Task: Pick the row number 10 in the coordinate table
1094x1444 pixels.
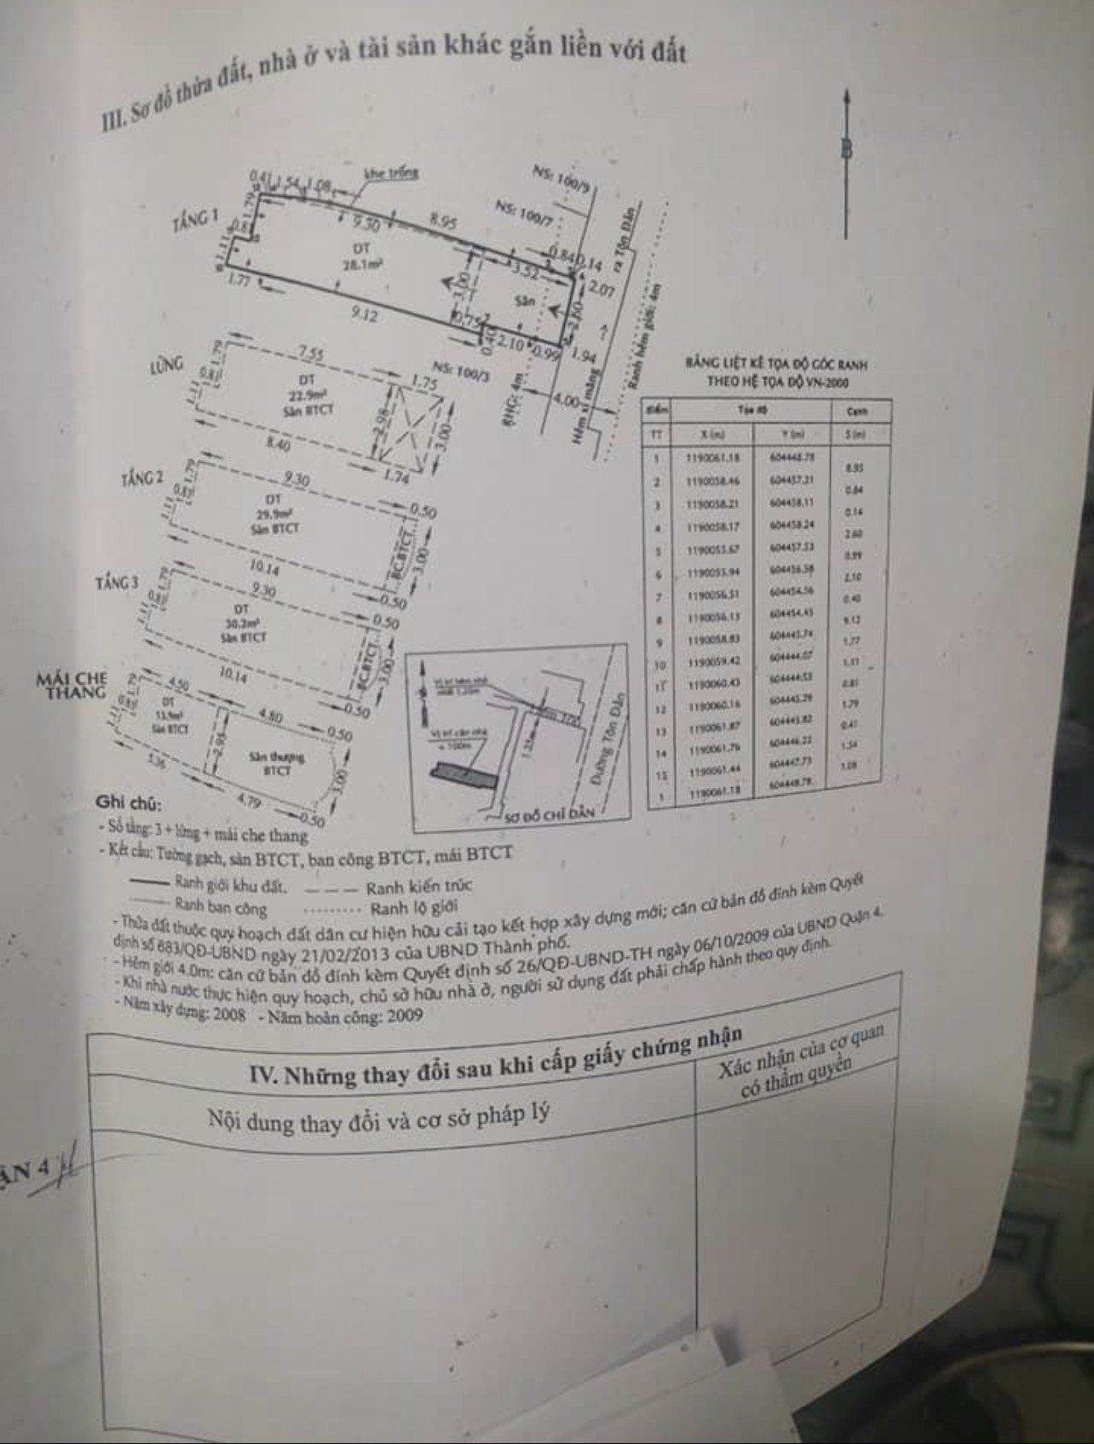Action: tap(659, 661)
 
